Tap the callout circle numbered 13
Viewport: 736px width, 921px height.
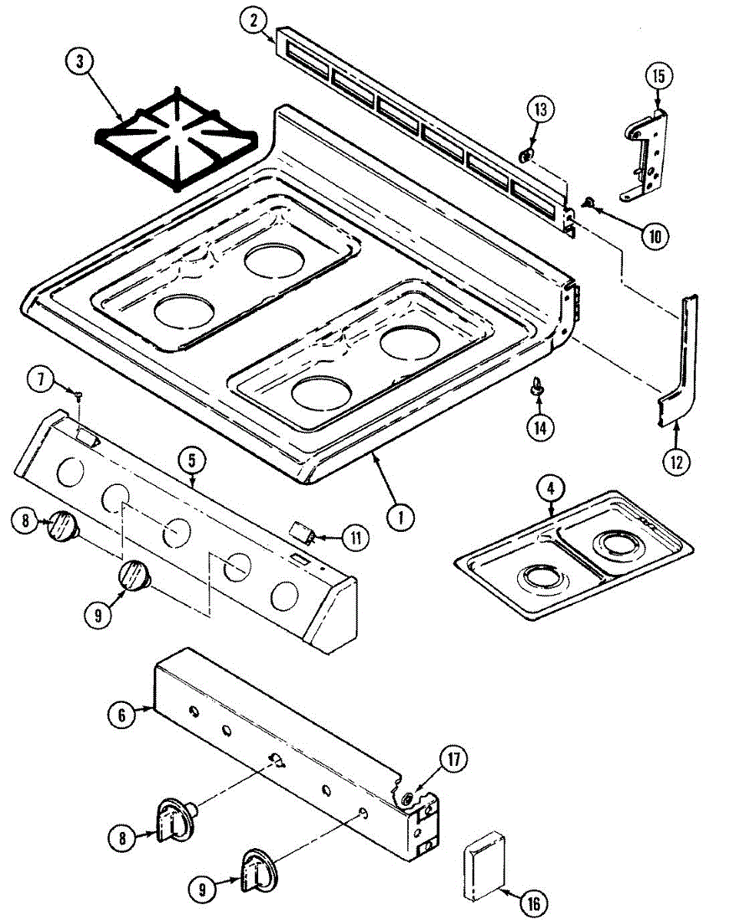click(x=541, y=110)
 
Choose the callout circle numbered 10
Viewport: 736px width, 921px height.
click(x=655, y=236)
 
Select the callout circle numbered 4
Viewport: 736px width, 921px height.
click(x=551, y=487)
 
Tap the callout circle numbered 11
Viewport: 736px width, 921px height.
click(x=355, y=538)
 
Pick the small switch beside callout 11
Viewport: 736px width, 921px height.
click(x=300, y=532)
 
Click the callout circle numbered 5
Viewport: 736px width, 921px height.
click(x=191, y=460)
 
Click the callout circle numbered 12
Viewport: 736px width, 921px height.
click(x=677, y=462)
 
